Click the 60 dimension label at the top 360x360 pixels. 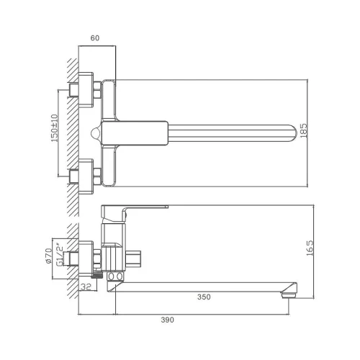(95, 38)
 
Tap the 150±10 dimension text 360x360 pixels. (55, 128)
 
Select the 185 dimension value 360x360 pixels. (303, 130)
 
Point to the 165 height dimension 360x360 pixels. (310, 248)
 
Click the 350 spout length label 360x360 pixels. (204, 297)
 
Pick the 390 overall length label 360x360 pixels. (167, 320)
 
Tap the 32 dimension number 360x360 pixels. (86, 287)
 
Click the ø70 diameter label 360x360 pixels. (48, 256)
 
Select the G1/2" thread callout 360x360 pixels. (60, 255)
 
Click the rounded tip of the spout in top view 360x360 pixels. (293, 133)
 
